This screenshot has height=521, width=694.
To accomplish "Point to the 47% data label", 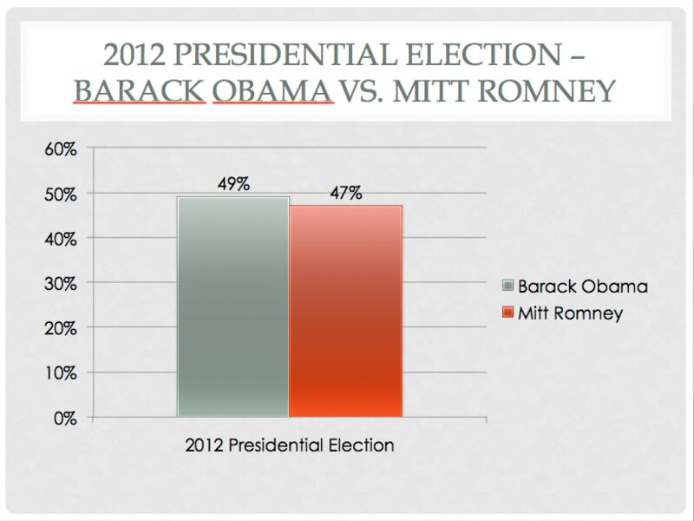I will (345, 193).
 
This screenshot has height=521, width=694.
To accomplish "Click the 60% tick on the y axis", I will (61, 148).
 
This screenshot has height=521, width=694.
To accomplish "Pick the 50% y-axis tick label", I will (61, 194).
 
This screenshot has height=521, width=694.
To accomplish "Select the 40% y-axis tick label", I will (61, 239).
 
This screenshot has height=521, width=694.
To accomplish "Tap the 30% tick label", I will (61, 284).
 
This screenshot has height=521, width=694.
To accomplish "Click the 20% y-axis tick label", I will (61, 329).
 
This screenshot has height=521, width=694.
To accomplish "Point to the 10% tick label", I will (61, 373).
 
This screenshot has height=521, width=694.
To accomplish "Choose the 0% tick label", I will (65, 419).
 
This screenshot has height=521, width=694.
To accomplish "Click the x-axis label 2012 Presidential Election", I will (290, 445).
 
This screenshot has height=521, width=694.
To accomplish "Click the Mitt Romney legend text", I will (570, 313).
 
